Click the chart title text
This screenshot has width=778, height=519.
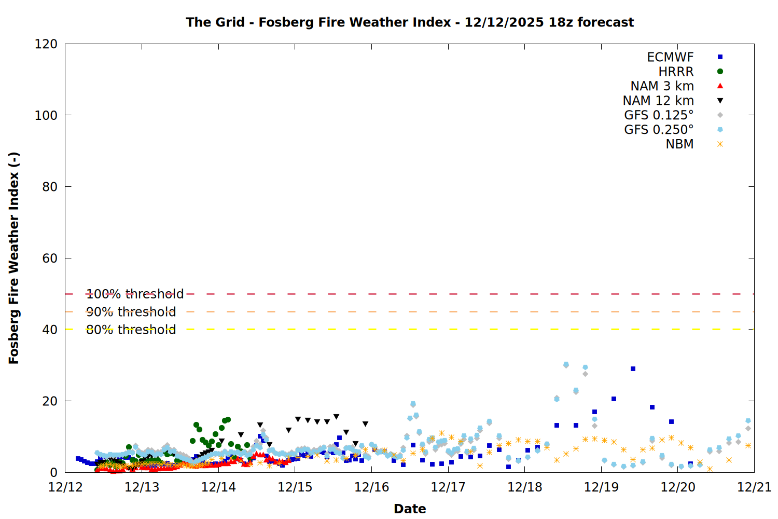410,22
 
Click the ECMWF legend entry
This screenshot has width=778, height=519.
670,57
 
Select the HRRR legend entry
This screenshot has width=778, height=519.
676,72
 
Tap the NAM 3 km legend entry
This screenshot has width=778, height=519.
662,86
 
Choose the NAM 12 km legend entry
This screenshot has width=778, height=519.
658,101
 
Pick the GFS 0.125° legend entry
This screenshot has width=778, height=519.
659,115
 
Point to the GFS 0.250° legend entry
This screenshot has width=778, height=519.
659,130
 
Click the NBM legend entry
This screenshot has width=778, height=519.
679,144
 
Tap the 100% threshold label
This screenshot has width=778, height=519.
135,294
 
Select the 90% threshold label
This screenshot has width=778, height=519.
131,312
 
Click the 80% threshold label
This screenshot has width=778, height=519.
131,330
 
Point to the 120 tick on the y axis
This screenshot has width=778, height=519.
46,44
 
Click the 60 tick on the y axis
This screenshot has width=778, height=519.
50,258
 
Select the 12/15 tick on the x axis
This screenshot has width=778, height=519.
295,487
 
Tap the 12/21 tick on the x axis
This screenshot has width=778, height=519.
754,487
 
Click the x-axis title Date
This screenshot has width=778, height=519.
410,509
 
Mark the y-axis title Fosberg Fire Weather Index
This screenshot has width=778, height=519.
14,258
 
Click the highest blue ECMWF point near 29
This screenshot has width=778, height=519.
633,368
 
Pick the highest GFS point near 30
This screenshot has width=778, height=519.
566,365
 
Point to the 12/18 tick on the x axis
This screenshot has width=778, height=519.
525,487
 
